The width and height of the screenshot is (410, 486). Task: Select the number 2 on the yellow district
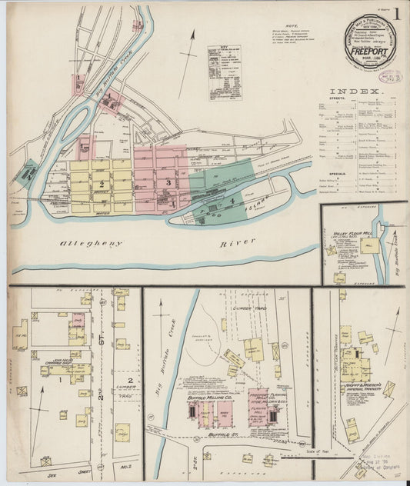click(100, 184)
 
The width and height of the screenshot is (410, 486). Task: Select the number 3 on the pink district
click(168, 181)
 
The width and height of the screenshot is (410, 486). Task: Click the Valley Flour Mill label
click(353, 234)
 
